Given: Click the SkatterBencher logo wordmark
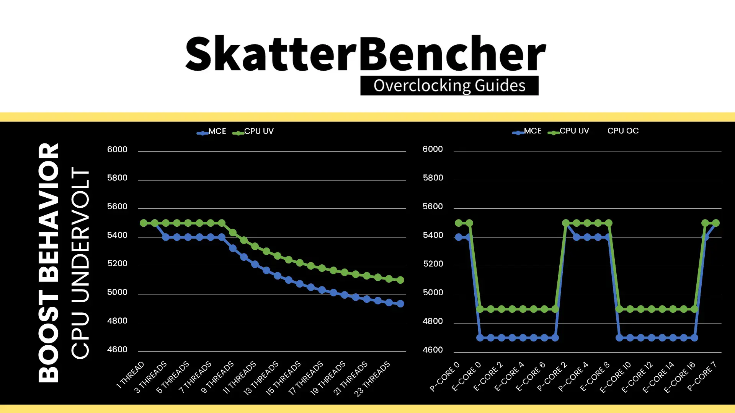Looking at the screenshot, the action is click(366, 54).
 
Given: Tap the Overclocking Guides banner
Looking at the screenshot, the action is click(449, 86).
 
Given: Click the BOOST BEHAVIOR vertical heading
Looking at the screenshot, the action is click(49, 263).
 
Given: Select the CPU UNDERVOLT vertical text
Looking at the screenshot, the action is click(80, 263).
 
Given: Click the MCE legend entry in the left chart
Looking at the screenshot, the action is click(212, 132).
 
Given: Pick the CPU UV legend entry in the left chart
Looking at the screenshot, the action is click(253, 132).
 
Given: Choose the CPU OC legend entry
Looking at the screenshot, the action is click(623, 131).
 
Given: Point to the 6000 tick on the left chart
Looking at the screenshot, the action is click(117, 150).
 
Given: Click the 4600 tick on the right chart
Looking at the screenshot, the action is click(433, 350).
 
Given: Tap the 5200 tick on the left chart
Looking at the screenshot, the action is click(117, 263).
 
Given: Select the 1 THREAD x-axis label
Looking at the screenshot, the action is click(130, 375).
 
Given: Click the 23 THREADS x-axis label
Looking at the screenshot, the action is click(372, 379).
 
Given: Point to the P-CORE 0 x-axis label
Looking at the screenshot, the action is click(444, 376).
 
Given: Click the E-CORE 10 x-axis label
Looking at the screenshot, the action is click(615, 377).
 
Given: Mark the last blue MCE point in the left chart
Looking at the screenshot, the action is click(400, 304).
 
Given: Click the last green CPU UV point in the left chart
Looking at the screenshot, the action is click(400, 280).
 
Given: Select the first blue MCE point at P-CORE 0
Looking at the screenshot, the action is click(459, 237).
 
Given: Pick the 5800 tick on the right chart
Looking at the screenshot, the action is click(433, 178).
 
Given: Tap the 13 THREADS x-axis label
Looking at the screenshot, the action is click(261, 379).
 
